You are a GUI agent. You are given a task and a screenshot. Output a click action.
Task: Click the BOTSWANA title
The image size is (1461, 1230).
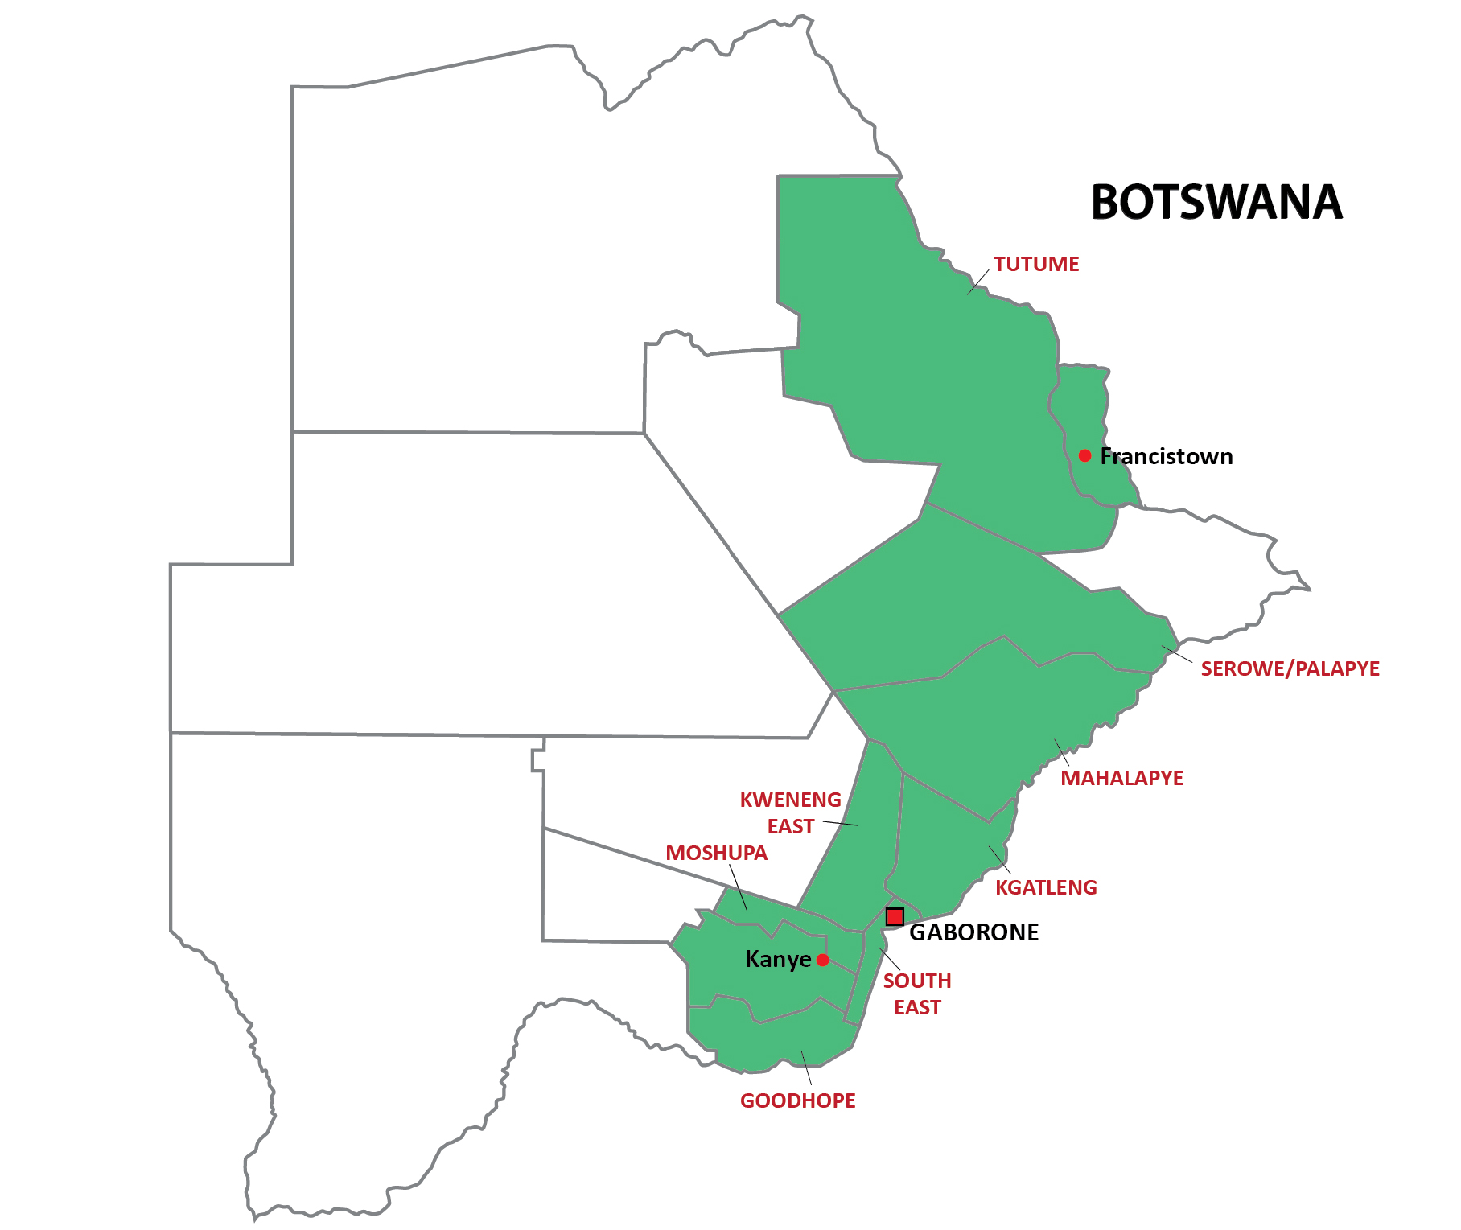(1216, 203)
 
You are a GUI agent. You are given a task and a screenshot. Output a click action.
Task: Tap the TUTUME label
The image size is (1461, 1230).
(1035, 264)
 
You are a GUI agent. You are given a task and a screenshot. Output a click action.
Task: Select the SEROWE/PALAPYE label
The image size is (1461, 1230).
(1289, 668)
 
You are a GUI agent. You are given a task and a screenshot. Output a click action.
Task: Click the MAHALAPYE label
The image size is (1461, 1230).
(1121, 778)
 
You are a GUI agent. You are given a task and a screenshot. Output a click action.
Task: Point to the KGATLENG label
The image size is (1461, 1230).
(1045, 887)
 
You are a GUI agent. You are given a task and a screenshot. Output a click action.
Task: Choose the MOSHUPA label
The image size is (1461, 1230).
(716, 853)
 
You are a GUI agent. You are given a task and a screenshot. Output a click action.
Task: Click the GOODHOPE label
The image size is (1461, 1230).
(797, 1100)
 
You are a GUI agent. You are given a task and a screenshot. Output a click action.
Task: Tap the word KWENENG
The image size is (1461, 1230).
(790, 800)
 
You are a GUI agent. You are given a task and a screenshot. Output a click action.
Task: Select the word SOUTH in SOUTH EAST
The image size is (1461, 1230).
(916, 981)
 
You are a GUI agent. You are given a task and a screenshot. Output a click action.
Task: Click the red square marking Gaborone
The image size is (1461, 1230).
(895, 916)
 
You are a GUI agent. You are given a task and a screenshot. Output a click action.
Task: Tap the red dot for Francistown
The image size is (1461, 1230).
(1084, 455)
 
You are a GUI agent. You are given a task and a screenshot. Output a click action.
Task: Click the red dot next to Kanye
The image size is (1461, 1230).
(822, 960)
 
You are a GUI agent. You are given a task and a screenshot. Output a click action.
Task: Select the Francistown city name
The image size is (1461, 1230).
(1166, 456)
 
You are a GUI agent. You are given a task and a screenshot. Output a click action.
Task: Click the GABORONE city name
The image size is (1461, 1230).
(973, 932)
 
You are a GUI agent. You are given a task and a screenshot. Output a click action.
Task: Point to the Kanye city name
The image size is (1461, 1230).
(778, 959)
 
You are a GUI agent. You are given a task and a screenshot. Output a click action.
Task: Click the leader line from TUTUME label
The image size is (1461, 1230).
(977, 282)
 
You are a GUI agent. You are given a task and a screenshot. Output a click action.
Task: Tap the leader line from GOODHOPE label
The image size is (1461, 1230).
(806, 1068)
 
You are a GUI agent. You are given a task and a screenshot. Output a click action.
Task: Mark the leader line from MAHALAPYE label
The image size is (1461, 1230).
(1062, 752)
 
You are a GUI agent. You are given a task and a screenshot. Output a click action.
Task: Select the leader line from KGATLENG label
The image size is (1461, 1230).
(999, 860)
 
